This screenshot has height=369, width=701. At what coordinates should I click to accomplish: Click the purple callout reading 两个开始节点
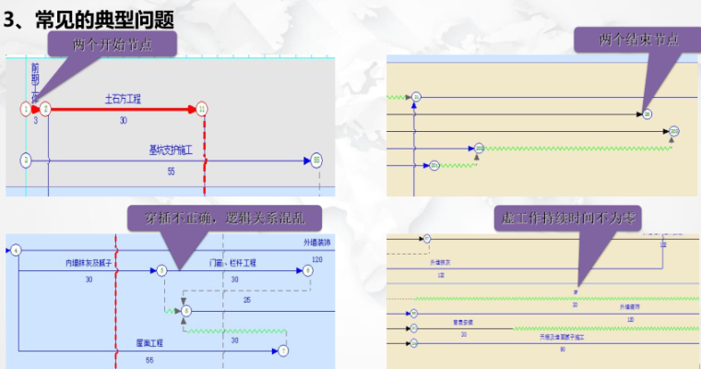coord(112,43)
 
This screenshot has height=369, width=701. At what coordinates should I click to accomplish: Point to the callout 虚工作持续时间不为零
coord(581,218)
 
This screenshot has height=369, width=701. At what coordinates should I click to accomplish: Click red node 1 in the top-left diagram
coord(26,109)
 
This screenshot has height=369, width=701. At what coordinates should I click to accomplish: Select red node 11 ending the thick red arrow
coord(202,109)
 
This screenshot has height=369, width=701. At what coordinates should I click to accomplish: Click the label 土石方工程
coord(123,97)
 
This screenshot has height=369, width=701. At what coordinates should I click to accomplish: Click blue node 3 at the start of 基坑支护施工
coord(26,160)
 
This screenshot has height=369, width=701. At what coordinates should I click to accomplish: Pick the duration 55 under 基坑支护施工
coord(172,172)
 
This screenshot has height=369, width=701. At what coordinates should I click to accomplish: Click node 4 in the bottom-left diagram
coord(16,250)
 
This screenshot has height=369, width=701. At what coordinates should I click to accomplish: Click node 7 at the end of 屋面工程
coord(283,351)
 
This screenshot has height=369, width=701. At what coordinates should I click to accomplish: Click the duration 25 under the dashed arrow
coord(246,299)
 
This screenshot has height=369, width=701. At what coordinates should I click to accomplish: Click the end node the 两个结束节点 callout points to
coord(648,113)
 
